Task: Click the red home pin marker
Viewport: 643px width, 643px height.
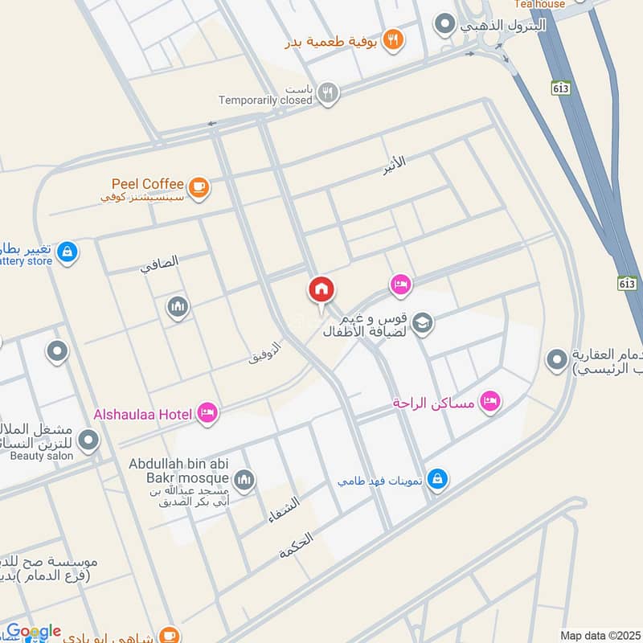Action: [x=321, y=290]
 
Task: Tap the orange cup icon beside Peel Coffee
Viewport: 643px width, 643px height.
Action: [x=199, y=188]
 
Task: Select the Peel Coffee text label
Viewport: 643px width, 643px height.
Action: [x=149, y=184]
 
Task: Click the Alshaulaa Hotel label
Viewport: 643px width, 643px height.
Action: [x=143, y=415]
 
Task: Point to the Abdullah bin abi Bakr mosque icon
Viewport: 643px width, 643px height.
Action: [x=244, y=480]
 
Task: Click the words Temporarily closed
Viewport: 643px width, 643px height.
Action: [x=264, y=100]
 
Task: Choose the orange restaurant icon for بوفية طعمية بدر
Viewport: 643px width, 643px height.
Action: [x=393, y=39]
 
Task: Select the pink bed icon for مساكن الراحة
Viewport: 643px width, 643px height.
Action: [x=489, y=400]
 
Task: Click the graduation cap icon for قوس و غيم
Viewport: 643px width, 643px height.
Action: [x=423, y=323]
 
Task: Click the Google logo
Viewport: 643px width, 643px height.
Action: [x=34, y=632]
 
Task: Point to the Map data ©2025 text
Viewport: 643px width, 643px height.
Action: [x=600, y=635]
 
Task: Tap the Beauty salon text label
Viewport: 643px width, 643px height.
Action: [x=42, y=456]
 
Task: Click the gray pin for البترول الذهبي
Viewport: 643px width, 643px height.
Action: [x=444, y=25]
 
